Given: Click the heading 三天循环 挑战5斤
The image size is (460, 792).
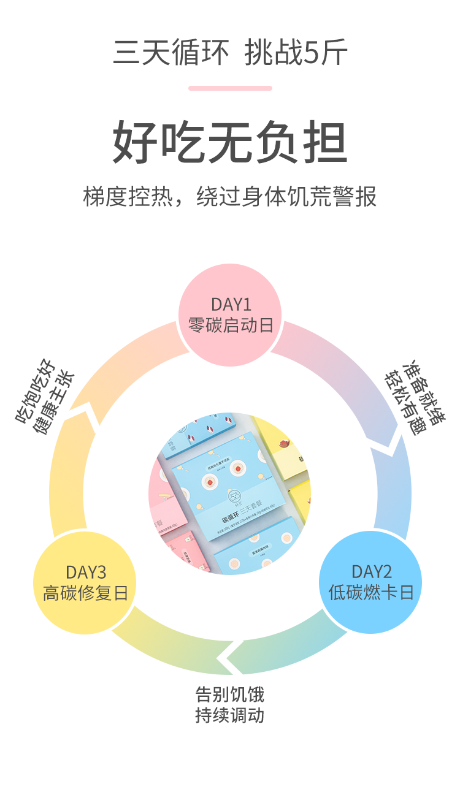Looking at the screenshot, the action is coord(230,53).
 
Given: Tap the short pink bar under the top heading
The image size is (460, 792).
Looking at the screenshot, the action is coord(230,88).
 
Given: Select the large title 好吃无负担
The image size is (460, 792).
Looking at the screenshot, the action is coord(230,143).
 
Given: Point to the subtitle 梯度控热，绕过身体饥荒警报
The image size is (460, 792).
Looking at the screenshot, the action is coord(230,196).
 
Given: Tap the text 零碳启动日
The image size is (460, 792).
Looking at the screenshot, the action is coord(230,325).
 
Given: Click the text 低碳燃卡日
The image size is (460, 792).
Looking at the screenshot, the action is coord(370,592).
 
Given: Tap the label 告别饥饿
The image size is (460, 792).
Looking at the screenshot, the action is coord(230,695).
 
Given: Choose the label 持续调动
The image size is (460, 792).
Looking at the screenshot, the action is coord(230,715).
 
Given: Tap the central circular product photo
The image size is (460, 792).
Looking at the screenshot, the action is coord(230,493).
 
